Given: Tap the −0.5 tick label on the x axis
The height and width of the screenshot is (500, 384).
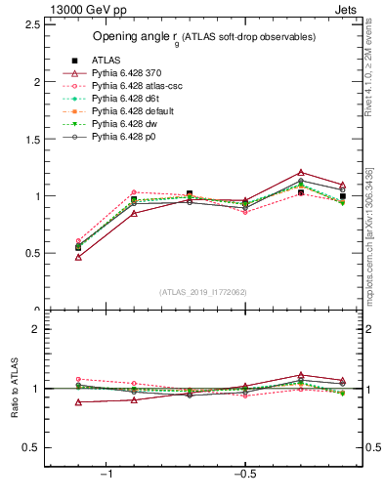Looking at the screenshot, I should [x=244, y=475].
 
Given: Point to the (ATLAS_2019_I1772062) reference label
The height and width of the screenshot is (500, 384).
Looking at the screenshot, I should [x=204, y=291].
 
